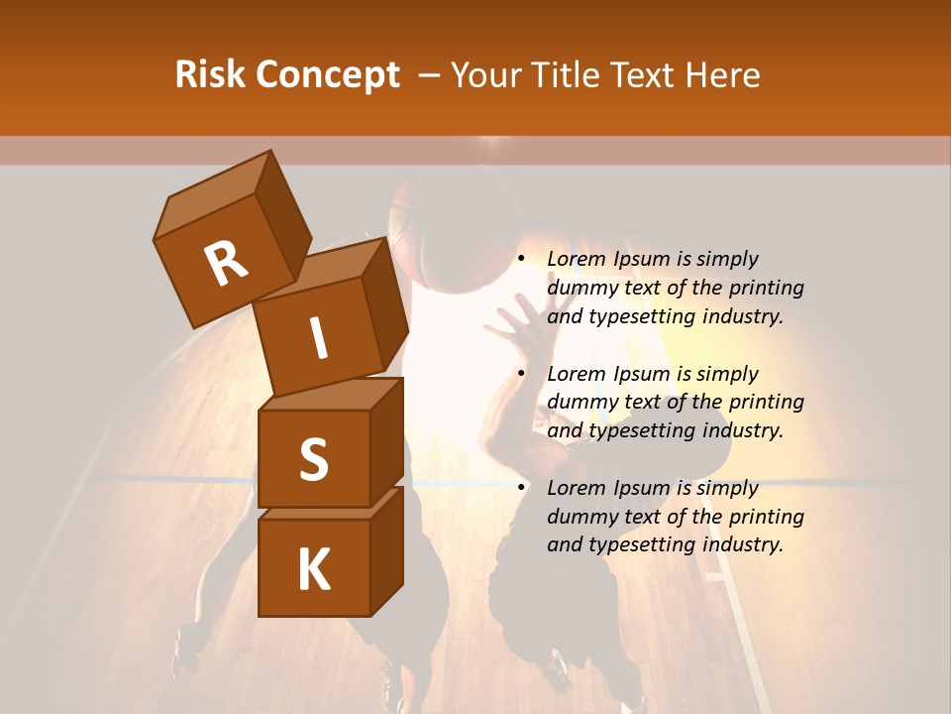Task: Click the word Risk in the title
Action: click(211, 75)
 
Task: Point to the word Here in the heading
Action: click(723, 75)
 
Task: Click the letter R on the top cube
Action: click(226, 264)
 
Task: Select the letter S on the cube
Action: click(313, 459)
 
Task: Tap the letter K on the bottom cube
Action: click(313, 569)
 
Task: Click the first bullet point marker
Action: click(521, 260)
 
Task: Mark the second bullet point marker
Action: click(521, 374)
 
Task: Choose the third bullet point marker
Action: click(521, 488)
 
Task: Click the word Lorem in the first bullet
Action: click(576, 260)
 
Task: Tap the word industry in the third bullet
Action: click(743, 544)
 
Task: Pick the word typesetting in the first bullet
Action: click(642, 317)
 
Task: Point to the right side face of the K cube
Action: click(386, 550)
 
